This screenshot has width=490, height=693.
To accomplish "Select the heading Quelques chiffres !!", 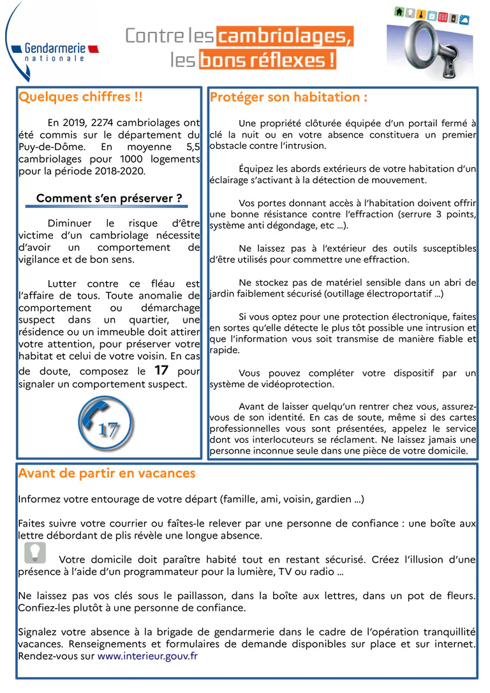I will pyautogui.click(x=80, y=97).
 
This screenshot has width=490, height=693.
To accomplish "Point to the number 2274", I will pyautogui.click(x=105, y=123).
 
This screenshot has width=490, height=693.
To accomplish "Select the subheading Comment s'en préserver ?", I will pyautogui.click(x=109, y=198).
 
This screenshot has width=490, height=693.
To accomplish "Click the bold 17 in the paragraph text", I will pyautogui.click(x=161, y=370).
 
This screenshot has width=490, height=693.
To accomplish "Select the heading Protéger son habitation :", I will pyautogui.click(x=288, y=97).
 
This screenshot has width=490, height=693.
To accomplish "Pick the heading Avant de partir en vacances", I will pyautogui.click(x=107, y=473).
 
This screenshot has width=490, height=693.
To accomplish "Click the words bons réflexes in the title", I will pyautogui.click(x=268, y=61).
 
